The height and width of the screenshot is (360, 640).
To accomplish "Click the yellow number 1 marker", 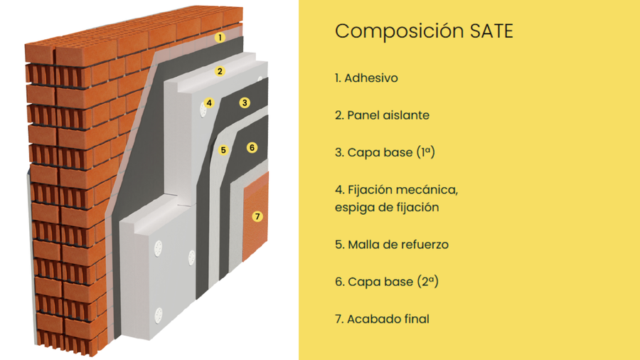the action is pos(220,38).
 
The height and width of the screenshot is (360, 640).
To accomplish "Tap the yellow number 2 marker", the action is pos(220,71).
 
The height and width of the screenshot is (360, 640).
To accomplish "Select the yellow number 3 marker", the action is pos(245,102).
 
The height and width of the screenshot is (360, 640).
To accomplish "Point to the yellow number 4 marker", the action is pos(209,102).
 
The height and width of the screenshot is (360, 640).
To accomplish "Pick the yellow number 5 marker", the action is pos(223,150).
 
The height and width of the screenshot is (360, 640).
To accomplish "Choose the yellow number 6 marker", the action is pos(252,147).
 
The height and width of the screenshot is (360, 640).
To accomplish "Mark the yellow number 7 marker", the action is pos(257,216).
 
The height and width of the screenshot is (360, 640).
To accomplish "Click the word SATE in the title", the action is pos(491,31).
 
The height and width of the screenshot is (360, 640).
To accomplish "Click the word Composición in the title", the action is pos(399,32).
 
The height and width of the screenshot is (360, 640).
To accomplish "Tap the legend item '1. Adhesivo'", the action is pos(366,78).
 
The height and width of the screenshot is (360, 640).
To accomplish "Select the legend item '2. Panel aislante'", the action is pos(382,115).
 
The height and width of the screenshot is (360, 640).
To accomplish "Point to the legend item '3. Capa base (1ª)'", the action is pos(385,152).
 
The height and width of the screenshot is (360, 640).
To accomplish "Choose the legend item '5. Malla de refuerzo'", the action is pos(392,245).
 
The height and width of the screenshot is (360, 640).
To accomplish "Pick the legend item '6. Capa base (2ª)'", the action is pos(387,282).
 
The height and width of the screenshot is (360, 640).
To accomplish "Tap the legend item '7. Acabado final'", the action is pos(382,319).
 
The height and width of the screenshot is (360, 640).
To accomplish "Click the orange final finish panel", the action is pos(255,216).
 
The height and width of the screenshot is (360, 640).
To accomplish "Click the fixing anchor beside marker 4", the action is pos(203,110).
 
